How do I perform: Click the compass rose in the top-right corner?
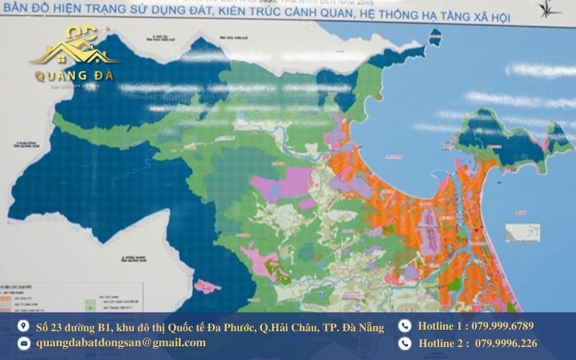(x=552, y=9)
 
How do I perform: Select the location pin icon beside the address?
(x=24, y=327)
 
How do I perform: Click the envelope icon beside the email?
(x=24, y=343)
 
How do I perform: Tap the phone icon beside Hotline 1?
(x=405, y=326)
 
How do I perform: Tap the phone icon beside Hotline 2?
(x=405, y=343)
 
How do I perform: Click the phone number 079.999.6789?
(x=504, y=326)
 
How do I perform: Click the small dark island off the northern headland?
(x=434, y=37)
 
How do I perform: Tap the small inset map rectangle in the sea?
(x=522, y=233)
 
